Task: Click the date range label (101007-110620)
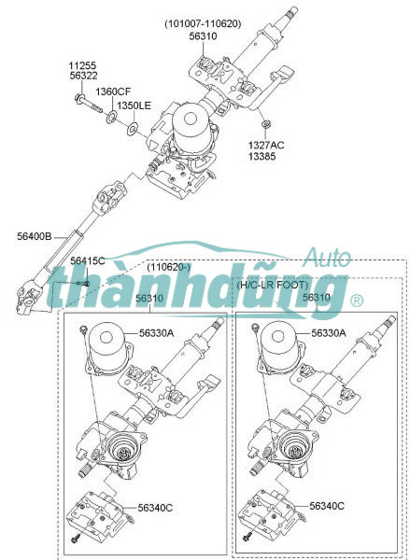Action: tap(203, 24)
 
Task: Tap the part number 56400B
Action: tap(35, 236)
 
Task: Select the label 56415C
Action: tap(88, 261)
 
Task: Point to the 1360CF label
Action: tap(113, 91)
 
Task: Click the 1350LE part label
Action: tap(134, 105)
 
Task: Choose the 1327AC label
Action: tap(266, 146)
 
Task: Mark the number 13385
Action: tap(262, 156)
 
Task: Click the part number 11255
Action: tap(82, 65)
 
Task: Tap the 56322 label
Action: tap(83, 76)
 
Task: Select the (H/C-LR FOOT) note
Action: tap(272, 285)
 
